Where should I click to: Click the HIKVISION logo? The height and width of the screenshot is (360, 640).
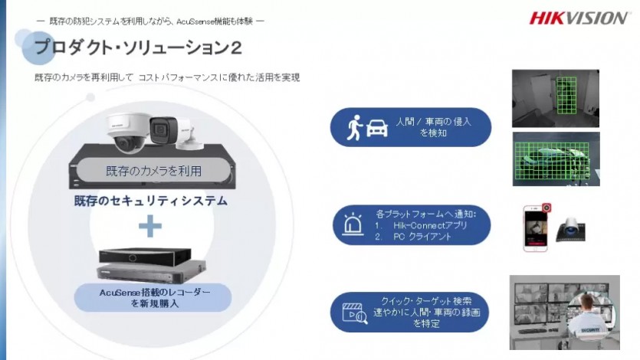579,18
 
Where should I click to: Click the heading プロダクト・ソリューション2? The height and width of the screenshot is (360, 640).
139,47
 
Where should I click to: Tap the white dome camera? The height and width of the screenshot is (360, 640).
128,131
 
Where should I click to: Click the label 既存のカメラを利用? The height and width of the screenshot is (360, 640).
153,170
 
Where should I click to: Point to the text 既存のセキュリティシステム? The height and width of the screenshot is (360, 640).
151,201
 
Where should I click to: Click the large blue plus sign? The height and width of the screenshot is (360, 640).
150,226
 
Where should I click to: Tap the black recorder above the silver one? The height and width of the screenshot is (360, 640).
145,257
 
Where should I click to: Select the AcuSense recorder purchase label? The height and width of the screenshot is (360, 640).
154,298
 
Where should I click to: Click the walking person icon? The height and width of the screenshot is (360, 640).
355,127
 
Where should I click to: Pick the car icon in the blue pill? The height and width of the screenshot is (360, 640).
377,128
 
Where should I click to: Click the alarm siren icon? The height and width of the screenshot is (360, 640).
353,224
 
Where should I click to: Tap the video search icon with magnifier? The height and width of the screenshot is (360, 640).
355,313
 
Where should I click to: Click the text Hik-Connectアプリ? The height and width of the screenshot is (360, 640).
430,225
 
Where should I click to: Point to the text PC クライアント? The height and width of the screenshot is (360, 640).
422,237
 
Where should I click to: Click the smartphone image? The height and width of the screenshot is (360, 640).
535,228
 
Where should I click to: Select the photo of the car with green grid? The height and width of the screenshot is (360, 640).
556,159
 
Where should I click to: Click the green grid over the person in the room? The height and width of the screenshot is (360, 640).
566,96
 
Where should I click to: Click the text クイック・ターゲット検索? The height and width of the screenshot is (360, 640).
425,301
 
